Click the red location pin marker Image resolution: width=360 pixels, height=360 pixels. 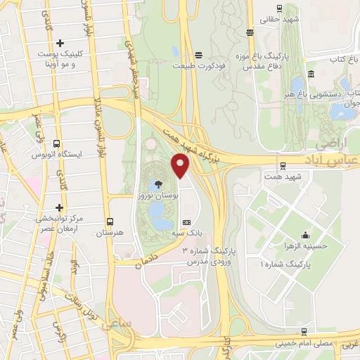[181, 166]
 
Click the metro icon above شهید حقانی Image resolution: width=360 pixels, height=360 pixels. [280, 8]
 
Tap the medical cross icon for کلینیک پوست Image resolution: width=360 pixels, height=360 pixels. [60, 44]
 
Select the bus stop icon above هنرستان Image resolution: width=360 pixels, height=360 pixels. [109, 220]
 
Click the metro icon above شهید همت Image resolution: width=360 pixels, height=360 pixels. [283, 167]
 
